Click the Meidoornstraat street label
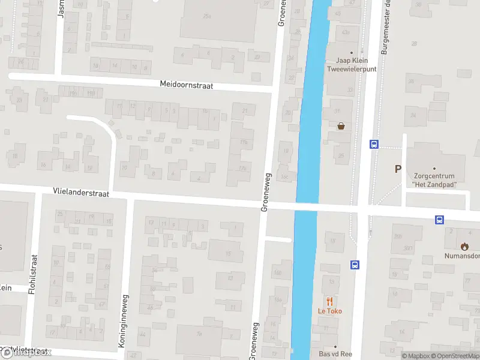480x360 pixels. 187,85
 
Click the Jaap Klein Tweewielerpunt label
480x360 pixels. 351,65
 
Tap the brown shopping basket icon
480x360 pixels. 341,126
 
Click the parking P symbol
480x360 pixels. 397,169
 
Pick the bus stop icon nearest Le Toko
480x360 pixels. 355,264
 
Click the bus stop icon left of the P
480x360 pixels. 374,144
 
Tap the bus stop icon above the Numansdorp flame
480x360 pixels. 439,220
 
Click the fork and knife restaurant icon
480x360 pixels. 329,301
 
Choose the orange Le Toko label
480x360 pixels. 329,311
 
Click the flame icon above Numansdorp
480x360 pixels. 464,246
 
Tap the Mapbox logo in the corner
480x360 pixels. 26,352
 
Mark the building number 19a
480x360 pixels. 244,142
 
